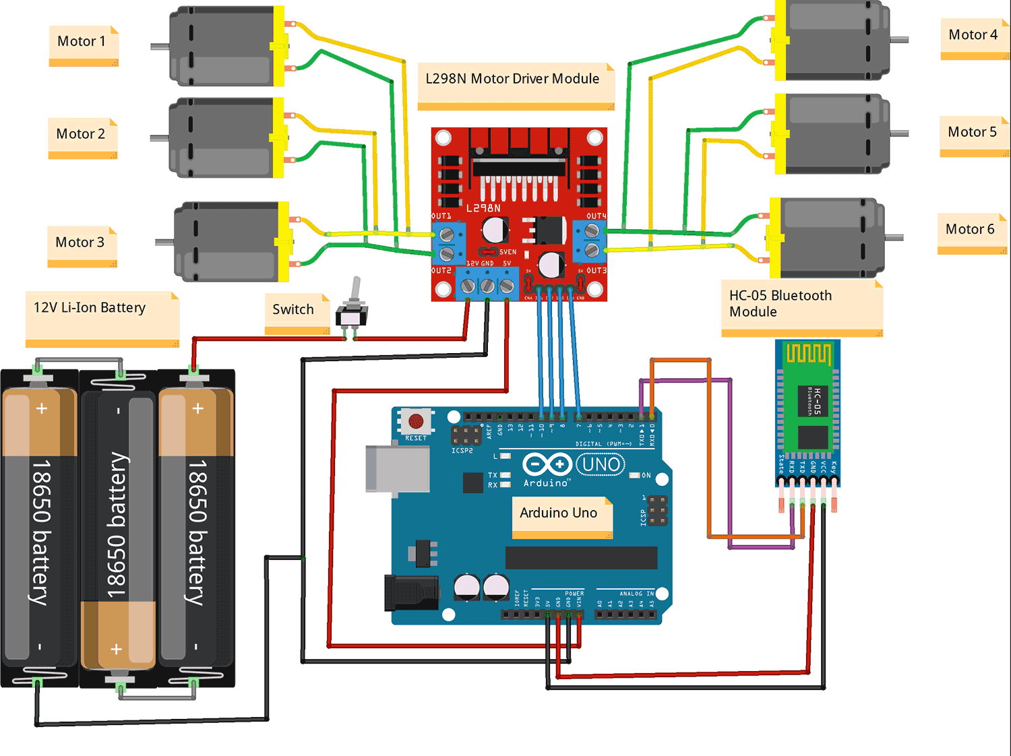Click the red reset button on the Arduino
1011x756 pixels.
pos(416,421)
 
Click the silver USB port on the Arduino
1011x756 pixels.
pos(398,468)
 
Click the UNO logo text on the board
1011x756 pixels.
pos(601,464)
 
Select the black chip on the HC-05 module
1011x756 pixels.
pos(814,400)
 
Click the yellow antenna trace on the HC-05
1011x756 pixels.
pos(807,354)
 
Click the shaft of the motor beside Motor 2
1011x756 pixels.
pos(159,138)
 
